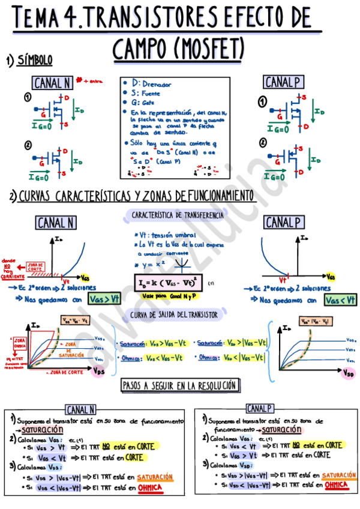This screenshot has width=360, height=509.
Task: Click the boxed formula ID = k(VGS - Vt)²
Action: pyautogui.click(x=167, y=281)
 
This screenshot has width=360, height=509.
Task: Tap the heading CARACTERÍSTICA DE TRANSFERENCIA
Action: pyautogui.click(x=177, y=214)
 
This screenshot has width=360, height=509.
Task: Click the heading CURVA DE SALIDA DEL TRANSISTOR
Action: pyautogui.click(x=174, y=315)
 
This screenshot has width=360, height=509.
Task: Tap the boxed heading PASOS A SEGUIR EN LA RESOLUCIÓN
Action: pyautogui.click(x=179, y=385)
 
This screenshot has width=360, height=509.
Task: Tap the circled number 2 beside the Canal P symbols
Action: pyautogui.click(x=262, y=142)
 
